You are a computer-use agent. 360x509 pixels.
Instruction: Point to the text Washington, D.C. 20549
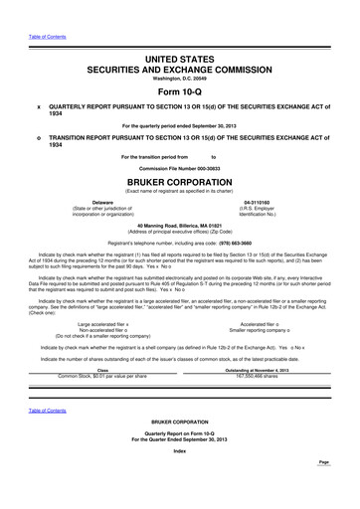pyautogui.click(x=179, y=51)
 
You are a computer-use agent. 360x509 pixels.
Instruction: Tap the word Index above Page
pyautogui.click(x=179, y=478)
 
